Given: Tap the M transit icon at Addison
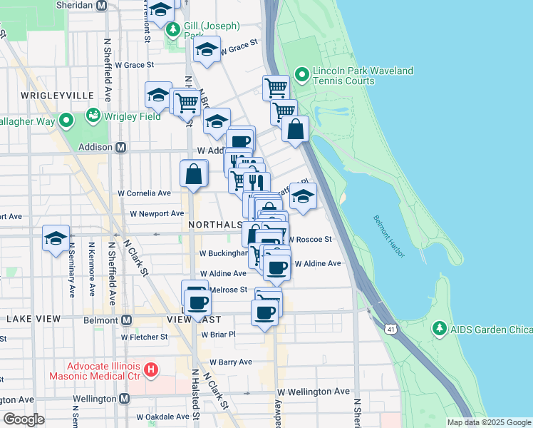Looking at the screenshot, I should pyautogui.click(x=120, y=148).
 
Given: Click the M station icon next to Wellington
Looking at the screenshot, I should pyautogui.click(x=124, y=399).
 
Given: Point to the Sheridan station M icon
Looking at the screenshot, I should pyautogui.click(x=101, y=5).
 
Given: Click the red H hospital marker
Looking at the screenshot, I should pyautogui.click(x=150, y=370).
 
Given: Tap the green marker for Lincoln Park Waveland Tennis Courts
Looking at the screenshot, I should pyautogui.click(x=301, y=73).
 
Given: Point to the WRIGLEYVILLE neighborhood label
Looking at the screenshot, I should pyautogui.click(x=47, y=95).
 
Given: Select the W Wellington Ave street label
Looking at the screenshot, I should pyautogui.click(x=314, y=392).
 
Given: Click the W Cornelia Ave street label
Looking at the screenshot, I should pyautogui.click(x=145, y=193).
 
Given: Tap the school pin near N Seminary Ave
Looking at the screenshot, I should pyautogui.click(x=55, y=238).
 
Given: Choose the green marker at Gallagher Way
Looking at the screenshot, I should pyautogui.click(x=66, y=120).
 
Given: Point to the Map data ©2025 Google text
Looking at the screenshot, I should pyautogui.click(x=488, y=422).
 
